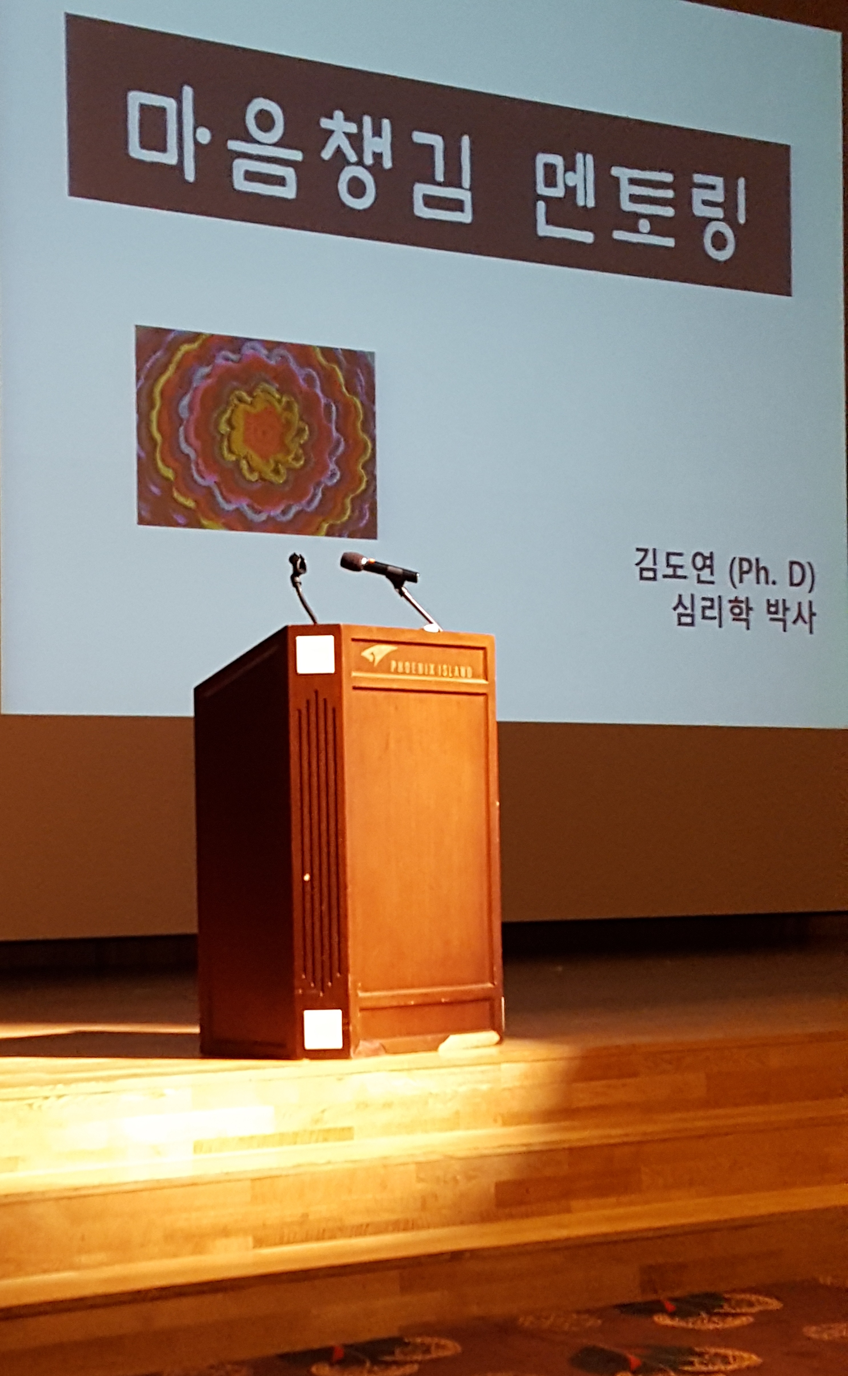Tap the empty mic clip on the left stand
pyautogui.click(x=296, y=561)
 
